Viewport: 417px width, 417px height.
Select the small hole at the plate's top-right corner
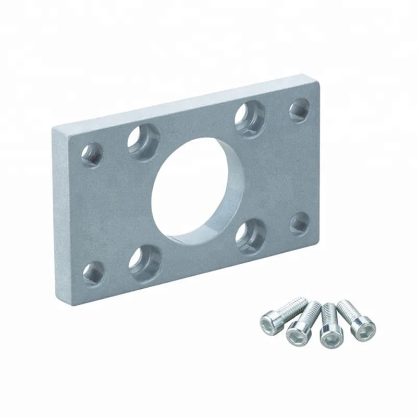(299, 109)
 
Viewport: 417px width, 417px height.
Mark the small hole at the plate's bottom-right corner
(300, 223)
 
